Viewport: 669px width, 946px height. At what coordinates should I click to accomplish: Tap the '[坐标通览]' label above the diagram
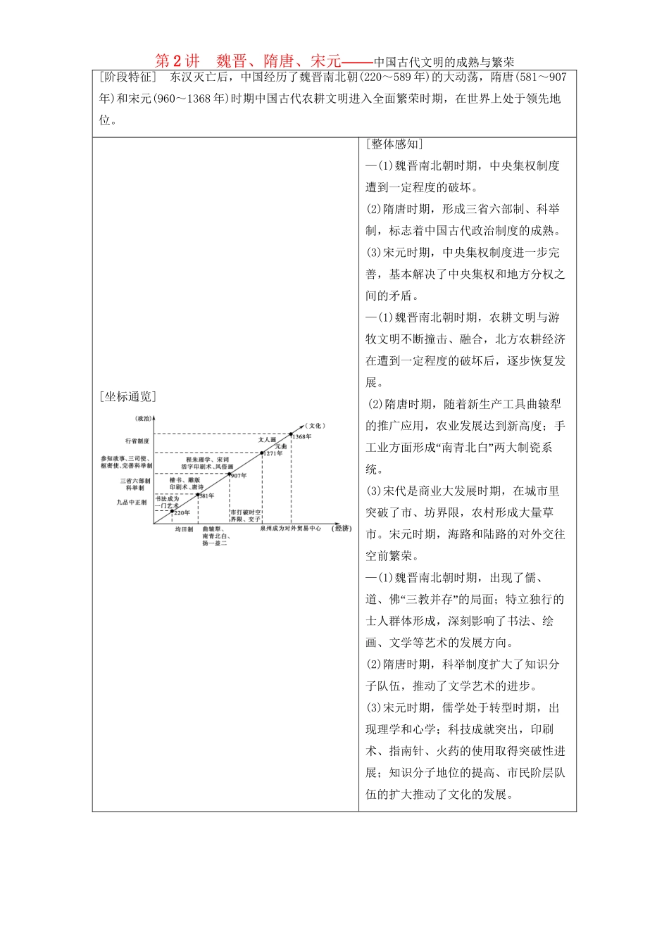click(127, 396)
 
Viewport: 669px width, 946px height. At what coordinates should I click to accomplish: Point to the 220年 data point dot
click(172, 510)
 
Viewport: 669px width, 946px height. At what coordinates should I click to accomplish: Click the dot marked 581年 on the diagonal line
click(198, 493)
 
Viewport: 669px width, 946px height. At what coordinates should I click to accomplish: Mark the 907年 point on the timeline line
click(230, 474)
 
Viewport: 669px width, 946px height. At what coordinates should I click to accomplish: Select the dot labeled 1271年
click(262, 453)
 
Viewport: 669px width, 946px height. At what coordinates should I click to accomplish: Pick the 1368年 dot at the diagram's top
click(292, 434)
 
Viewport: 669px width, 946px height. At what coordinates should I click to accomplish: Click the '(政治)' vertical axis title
click(143, 418)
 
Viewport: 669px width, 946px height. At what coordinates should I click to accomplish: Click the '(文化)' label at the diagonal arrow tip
click(315, 425)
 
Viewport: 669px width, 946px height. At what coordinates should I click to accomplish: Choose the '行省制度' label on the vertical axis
click(137, 441)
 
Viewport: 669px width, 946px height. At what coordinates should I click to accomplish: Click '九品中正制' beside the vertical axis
click(132, 503)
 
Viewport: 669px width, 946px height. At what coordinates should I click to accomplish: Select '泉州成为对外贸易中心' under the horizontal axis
click(290, 528)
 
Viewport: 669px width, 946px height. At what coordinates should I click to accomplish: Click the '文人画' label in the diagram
click(267, 439)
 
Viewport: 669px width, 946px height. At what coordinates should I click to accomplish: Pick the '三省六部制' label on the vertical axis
click(135, 481)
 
